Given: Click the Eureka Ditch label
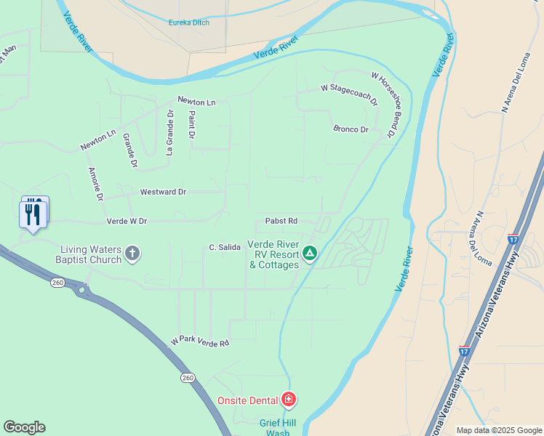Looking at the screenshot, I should (x=188, y=23).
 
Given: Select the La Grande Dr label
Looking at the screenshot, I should (x=169, y=132).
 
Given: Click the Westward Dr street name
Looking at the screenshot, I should (x=163, y=192).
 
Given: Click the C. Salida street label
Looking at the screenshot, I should (x=225, y=248).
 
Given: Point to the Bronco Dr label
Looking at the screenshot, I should (x=351, y=129).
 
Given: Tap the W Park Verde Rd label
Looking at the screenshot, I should (x=200, y=341).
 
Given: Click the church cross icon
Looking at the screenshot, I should (x=132, y=254).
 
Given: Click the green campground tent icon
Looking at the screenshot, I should (x=310, y=254).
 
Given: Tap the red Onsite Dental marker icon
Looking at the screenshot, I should (x=289, y=400).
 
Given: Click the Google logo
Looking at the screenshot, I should (x=24, y=427).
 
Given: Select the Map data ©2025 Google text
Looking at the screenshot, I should (x=498, y=430).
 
